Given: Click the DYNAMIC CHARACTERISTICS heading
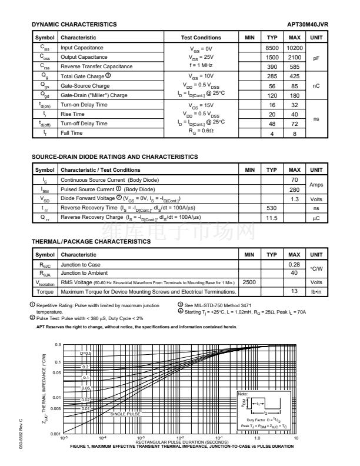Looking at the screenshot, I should (x=74, y=24).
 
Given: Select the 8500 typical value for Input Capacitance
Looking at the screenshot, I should (x=272, y=48).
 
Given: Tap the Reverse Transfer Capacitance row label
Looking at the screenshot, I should (x=96, y=66).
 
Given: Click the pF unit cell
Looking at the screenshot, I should (x=316, y=58).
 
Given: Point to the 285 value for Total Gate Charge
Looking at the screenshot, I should (x=272, y=76).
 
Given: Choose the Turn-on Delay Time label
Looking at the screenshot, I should (x=84, y=105).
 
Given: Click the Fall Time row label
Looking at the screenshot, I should (x=72, y=133).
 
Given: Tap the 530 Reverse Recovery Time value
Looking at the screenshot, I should (x=272, y=208).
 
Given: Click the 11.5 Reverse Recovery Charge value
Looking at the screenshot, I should (x=272, y=218).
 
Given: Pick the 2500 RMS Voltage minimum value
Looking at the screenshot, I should (x=249, y=282).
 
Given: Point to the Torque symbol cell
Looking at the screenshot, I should (x=45, y=292).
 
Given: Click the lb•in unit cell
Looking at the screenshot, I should (x=316, y=292).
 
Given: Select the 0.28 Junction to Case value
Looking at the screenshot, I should (x=295, y=264).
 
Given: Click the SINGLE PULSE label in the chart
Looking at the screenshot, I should (x=126, y=414).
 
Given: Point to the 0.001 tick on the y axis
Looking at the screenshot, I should (x=56, y=434).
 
